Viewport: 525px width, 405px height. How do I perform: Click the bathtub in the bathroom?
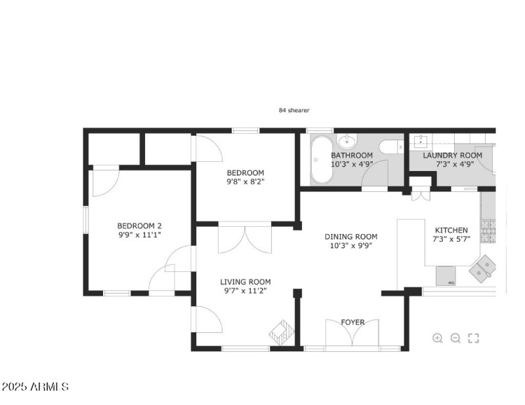coord(321,159)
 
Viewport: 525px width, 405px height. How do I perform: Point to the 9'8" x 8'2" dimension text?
coord(245,182)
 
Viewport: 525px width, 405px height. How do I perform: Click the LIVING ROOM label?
coord(245,282)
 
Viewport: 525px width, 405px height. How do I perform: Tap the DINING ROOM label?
coord(351,237)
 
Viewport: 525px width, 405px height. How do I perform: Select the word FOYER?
coord(352,322)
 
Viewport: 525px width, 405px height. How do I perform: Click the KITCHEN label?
coord(451,230)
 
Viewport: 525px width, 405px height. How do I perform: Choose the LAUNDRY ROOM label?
coord(452,155)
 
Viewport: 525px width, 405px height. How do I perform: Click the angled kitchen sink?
coord(484,267)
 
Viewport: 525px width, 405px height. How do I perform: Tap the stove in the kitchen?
coord(488,230)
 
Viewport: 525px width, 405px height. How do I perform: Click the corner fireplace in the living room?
coord(281,330)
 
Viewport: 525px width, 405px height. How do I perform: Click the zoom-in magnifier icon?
coord(438,338)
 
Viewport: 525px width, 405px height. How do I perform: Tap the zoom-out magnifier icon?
coord(455,338)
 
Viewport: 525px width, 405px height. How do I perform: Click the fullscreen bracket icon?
coord(474,338)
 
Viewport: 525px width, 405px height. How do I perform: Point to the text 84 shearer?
coord(294,111)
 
